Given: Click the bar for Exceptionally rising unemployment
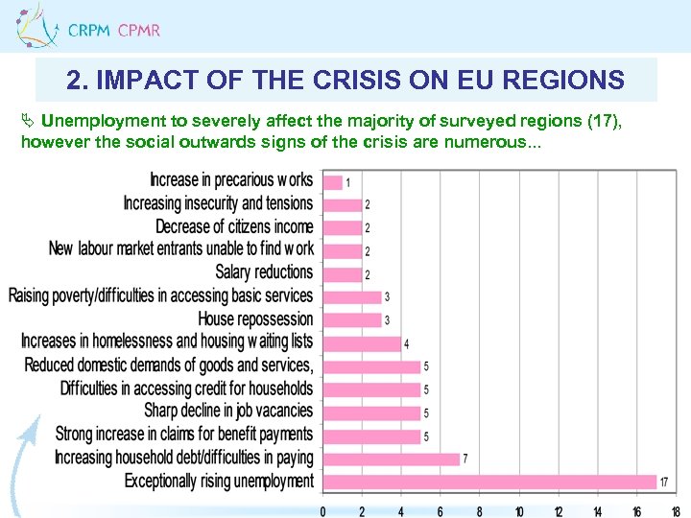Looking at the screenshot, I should (488, 481).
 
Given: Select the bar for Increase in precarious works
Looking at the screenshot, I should (332, 180).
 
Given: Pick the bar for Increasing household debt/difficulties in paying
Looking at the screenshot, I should (391, 458).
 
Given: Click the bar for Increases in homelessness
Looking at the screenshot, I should (361, 342).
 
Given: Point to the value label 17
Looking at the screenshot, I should (664, 482).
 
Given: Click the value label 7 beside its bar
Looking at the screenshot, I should (465, 459).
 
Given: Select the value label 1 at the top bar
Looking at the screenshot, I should (347, 182).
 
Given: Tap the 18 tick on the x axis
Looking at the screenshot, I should (676, 510).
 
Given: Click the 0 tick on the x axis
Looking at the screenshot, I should (322, 510).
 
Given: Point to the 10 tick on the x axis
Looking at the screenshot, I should (518, 510).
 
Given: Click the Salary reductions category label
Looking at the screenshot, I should (264, 272).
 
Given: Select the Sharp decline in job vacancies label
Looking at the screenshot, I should (228, 411).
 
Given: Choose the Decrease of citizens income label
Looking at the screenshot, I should (234, 226).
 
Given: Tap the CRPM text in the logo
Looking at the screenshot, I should (89, 31).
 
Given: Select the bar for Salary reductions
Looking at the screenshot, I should (342, 273).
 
